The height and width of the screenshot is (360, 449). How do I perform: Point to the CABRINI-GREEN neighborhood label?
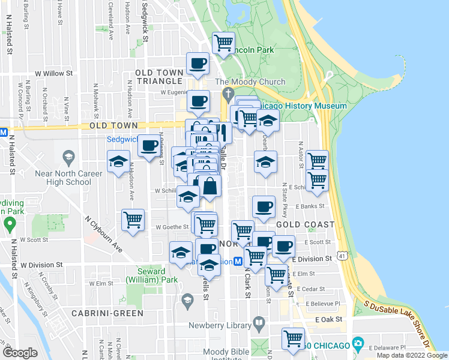(x=107, y=313)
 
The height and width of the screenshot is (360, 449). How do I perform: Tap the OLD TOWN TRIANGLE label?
(x=158, y=77)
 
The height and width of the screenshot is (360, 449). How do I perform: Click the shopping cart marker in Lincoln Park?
(x=223, y=43)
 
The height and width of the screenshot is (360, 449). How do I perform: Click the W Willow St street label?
(x=53, y=74)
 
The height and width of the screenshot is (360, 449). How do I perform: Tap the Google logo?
(x=20, y=353)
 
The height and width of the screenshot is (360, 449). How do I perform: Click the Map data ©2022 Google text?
(x=412, y=355)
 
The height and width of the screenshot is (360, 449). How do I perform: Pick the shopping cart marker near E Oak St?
(x=293, y=338)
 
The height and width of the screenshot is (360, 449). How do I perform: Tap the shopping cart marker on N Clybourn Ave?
(x=133, y=220)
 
